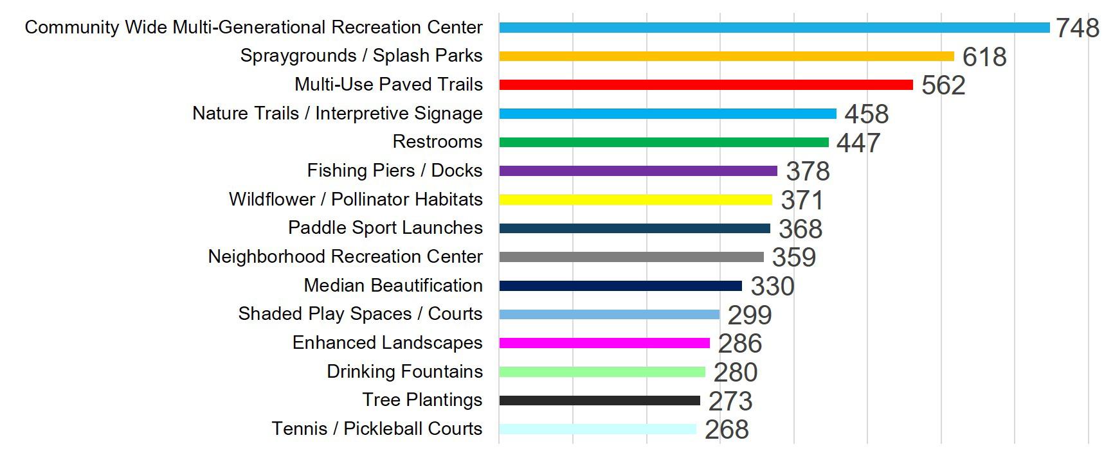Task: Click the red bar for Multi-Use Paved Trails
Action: (706, 85)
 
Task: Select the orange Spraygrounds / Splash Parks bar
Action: (727, 56)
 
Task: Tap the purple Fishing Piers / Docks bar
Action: (638, 171)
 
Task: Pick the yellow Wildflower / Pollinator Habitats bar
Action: (636, 200)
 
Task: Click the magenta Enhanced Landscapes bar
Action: (604, 343)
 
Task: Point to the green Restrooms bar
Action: (664, 142)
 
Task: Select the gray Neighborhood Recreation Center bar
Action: (631, 257)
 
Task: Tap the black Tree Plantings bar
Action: (600, 400)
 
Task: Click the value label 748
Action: (1078, 28)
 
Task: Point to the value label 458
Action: (867, 114)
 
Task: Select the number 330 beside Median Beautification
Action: (773, 286)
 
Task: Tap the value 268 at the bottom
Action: (727, 430)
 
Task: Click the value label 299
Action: (750, 315)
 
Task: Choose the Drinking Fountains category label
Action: (404, 371)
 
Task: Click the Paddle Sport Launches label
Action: (385, 227)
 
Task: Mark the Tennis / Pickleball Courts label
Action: (377, 428)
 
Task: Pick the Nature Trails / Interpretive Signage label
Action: (338, 113)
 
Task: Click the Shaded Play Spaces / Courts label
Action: (360, 313)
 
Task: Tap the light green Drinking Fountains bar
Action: (602, 372)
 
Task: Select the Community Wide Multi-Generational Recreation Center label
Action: (253, 27)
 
